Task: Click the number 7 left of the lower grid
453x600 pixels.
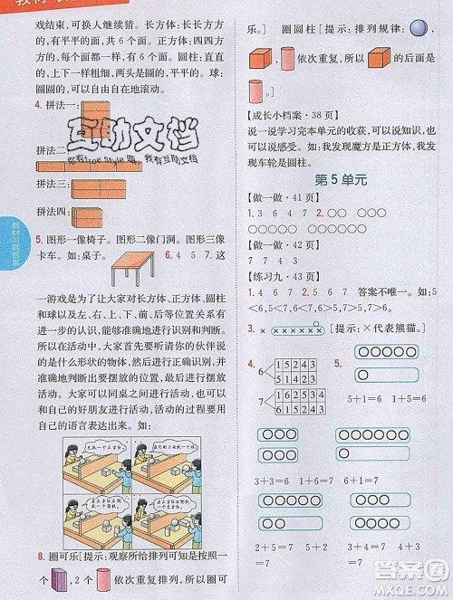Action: coord(261,401)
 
